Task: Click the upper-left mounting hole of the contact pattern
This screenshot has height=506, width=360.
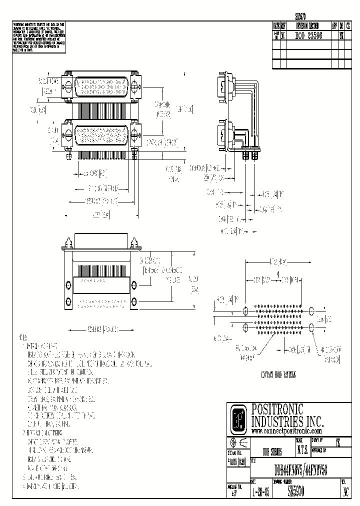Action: point(245,310)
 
